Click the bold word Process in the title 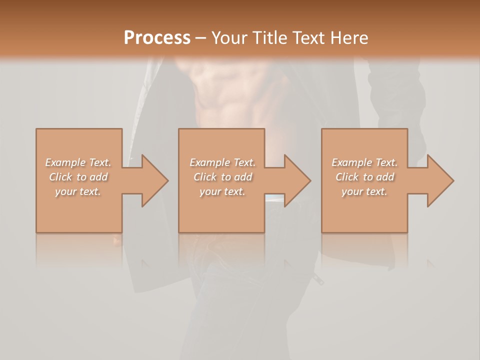pos(157,37)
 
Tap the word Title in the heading pos(268,37)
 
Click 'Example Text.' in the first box pos(78,162)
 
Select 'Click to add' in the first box pos(78,177)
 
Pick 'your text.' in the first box pos(78,191)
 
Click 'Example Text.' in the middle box pos(222,162)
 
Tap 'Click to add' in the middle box pos(222,177)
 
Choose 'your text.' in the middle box pos(222,191)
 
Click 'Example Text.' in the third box pos(364,162)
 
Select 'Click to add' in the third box pos(364,177)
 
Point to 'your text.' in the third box pos(364,191)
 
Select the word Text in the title pos(306,37)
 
